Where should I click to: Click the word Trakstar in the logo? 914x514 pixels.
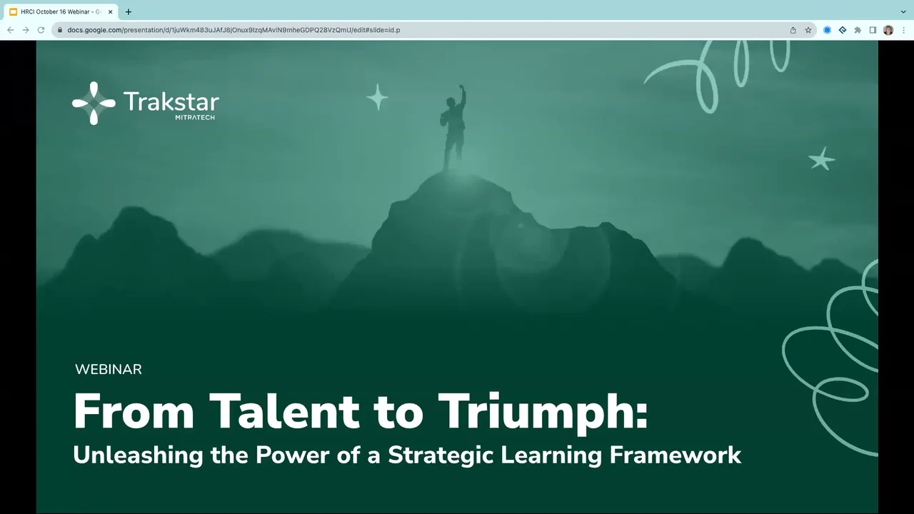coord(171,101)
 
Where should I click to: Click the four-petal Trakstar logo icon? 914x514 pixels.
coord(94,104)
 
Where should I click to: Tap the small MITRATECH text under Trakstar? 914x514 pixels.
coord(195,117)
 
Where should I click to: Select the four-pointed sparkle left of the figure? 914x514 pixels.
coord(377,97)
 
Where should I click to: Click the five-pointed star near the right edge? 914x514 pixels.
coord(821,158)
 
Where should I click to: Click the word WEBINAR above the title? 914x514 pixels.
coord(109,369)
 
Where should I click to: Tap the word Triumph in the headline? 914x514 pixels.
coord(542,412)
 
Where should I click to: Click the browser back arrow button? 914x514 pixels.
coord(11,30)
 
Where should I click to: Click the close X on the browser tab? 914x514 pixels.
coord(111,11)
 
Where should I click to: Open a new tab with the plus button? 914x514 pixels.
coord(129,11)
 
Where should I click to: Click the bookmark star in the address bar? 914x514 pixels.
coord(808,30)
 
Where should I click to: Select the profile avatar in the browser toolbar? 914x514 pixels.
coord(888,30)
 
